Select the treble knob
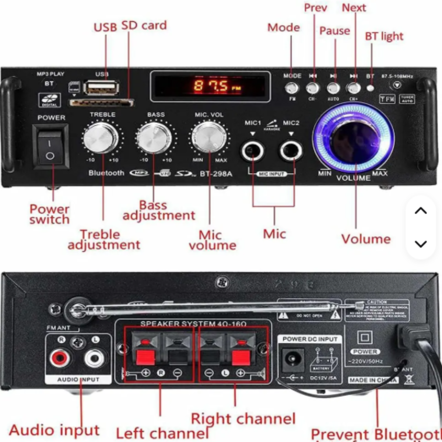[101, 138]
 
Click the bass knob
[155, 138]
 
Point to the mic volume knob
[209, 137]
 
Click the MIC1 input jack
[253, 151]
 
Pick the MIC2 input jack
[291, 151]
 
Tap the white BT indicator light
[371, 88]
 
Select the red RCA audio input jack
[59, 358]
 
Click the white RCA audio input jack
[94, 358]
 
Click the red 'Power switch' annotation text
[49, 214]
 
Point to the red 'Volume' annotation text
[366, 239]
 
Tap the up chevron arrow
[421, 211]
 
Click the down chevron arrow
[421, 244]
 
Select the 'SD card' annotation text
[144, 25]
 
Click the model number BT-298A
[216, 173]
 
